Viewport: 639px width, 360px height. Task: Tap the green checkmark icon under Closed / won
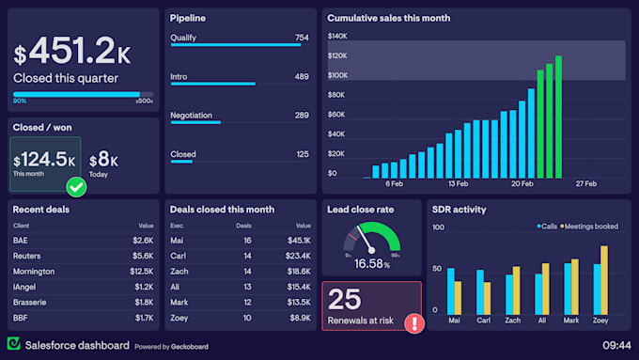pos(77,187)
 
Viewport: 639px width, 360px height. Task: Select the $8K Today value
pos(102,159)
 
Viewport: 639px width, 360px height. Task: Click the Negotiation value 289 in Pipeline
pos(301,116)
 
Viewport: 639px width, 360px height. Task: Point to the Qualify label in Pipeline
pos(183,38)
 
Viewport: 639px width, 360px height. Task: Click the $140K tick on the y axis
pos(338,36)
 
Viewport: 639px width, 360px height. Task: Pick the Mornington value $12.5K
pos(141,274)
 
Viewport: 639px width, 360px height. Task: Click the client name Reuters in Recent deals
pos(28,256)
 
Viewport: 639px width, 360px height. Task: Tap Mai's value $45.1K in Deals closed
pos(297,240)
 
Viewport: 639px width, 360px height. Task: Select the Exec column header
pos(178,226)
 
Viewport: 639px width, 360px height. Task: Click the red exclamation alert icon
pos(413,323)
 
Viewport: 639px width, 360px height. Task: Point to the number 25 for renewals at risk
pos(345,299)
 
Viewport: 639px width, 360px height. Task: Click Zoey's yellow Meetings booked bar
pos(604,280)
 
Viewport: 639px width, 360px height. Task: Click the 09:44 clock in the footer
pos(616,345)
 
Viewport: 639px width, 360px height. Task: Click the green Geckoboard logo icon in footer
pos(14,345)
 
